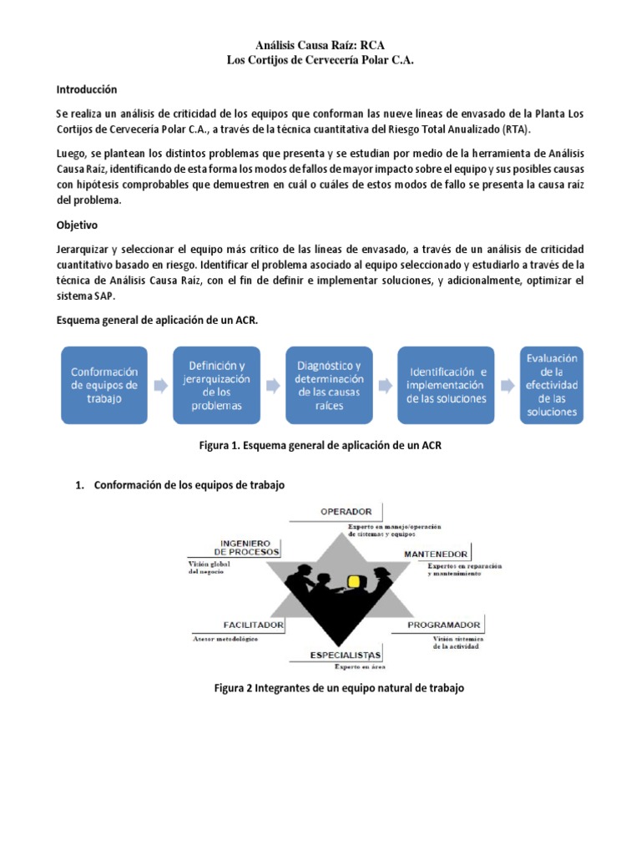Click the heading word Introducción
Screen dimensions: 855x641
click(87, 89)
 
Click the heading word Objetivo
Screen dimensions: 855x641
click(77, 225)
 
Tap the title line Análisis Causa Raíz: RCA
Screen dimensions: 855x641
click(320, 44)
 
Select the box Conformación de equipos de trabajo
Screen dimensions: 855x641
click(105, 385)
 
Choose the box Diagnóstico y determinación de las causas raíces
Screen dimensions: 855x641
click(329, 385)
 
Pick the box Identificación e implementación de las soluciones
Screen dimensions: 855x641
click(446, 385)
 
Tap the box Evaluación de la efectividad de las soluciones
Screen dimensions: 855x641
click(552, 385)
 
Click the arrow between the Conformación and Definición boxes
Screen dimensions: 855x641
click(161, 385)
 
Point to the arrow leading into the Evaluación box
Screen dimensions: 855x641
click(507, 385)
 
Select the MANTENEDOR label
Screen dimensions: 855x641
click(436, 554)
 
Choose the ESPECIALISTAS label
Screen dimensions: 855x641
click(346, 654)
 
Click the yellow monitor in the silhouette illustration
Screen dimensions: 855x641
click(356, 582)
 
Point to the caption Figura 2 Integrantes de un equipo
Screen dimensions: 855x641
click(338, 689)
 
